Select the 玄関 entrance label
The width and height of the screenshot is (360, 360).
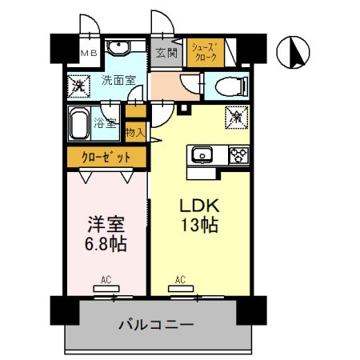[166, 54]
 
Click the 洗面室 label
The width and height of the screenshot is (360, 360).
[118, 80]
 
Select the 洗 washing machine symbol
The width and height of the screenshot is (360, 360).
[80, 84]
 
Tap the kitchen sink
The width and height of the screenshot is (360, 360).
[201, 154]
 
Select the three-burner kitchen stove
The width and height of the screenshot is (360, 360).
[238, 155]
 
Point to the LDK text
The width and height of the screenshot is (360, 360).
[198, 205]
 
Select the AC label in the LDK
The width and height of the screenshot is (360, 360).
[180, 280]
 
